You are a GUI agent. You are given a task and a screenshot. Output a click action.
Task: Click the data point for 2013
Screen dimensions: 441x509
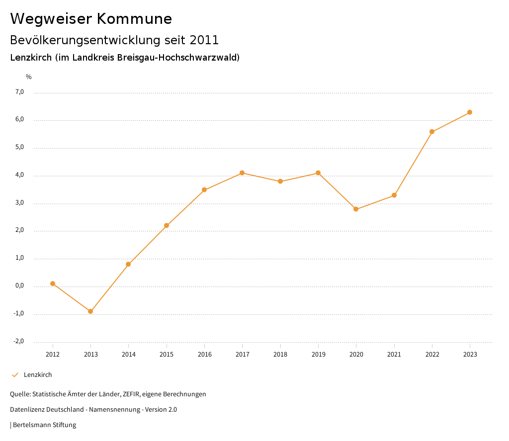pos(90,311)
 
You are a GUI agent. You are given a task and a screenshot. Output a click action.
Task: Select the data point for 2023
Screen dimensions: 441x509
pos(470,112)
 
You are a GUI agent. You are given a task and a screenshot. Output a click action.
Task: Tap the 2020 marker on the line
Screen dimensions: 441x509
pos(356,209)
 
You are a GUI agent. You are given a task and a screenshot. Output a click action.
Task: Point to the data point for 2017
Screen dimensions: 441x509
pos(242,173)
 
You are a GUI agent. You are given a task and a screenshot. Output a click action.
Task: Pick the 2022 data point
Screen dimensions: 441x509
pos(432,132)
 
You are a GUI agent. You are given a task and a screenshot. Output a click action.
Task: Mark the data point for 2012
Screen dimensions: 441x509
pos(53,284)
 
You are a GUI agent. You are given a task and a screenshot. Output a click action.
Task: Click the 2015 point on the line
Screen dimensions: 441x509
pos(167,225)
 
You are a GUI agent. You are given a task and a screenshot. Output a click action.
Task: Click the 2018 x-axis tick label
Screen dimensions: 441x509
pos(280,354)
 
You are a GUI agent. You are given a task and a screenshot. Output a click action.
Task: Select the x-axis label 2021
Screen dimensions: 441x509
pos(394,354)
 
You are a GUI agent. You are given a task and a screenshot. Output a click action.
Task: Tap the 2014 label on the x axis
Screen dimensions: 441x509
pos(129,354)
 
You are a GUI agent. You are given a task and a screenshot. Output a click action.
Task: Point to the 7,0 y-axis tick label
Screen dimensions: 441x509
pos(19,92)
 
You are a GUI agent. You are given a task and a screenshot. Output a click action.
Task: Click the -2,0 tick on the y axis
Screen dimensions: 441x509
pos(19,341)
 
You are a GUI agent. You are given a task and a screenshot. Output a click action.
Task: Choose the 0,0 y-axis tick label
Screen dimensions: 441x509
pos(19,286)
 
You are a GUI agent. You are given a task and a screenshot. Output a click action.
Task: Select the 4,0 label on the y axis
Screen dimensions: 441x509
pos(19,175)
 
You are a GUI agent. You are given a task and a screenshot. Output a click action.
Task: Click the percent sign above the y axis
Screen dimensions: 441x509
pos(29,77)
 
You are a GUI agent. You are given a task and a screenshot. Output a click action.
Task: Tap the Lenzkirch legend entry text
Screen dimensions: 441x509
pos(38,375)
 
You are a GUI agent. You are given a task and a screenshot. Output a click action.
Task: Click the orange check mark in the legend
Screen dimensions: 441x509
pos(15,375)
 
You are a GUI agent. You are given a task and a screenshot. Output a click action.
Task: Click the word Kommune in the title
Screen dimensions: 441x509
pos(134,19)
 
